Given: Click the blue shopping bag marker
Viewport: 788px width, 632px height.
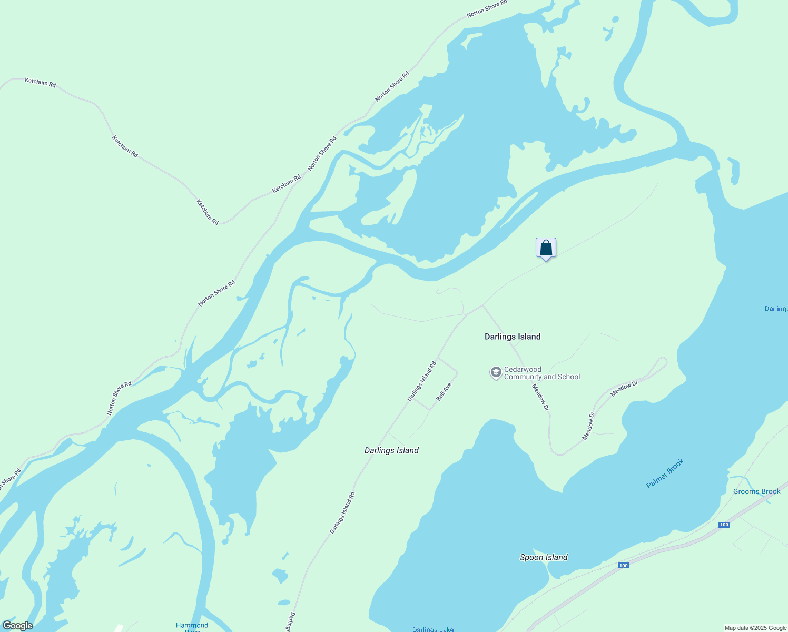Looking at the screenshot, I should click(546, 248).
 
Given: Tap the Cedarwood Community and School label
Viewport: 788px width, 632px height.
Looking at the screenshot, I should click(541, 373).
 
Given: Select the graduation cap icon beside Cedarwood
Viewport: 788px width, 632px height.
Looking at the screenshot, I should click(495, 373).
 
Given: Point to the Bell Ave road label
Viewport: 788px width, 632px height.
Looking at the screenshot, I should click(444, 392).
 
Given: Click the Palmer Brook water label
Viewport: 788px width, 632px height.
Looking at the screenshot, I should click(665, 473).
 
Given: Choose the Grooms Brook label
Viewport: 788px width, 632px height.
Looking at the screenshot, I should click(756, 492).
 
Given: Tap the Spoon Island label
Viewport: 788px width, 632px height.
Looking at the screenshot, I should click(544, 557).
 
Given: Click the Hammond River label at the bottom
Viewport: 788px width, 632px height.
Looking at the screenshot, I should click(192, 626).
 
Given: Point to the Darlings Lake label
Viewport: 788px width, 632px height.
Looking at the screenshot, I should click(432, 629).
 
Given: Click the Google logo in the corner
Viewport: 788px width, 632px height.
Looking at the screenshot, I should click(17, 626).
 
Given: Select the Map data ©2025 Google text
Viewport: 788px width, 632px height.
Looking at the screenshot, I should click(755, 628).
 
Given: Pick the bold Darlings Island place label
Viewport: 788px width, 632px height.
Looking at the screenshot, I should click(513, 337).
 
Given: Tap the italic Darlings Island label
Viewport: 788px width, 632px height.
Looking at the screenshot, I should click(391, 450).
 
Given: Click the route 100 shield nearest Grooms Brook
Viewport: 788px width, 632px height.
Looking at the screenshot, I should click(724, 525).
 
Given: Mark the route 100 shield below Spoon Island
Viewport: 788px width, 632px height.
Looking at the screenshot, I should click(623, 566).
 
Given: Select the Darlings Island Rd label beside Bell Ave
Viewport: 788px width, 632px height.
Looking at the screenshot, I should click(422, 381).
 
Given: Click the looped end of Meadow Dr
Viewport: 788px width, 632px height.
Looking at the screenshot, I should click(661, 363).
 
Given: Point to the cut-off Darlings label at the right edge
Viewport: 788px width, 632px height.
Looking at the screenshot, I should click(776, 309).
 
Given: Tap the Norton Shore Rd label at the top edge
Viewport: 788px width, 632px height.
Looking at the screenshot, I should click(487, 8).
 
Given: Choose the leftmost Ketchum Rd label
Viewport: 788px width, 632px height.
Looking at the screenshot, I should click(40, 82).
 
